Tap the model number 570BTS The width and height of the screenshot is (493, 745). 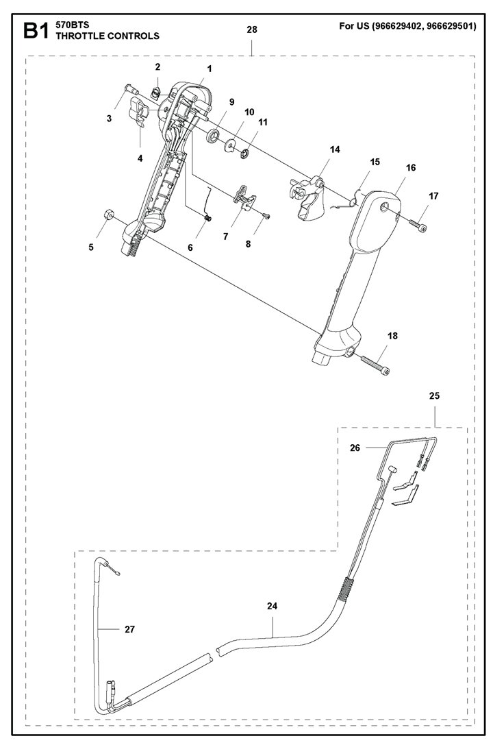coord(72,25)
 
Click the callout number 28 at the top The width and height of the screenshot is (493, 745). coord(252,29)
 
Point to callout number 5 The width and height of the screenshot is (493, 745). coord(91,248)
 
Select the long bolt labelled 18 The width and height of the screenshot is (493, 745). coord(374,363)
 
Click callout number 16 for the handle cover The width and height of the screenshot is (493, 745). coord(410,167)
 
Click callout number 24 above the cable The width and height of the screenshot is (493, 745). coord(273,606)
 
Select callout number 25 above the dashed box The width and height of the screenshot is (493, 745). coord(435,396)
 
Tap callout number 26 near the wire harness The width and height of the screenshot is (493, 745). coord(355,448)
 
